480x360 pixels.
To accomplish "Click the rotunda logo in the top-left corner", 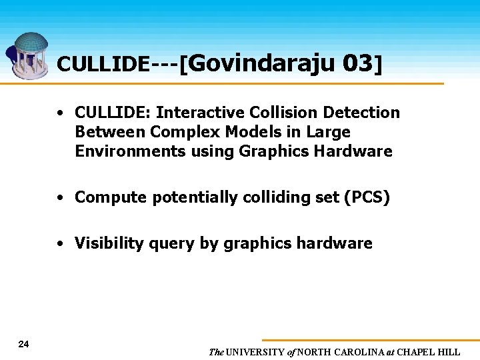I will coord(29,55).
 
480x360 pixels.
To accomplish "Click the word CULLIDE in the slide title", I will coord(103,64).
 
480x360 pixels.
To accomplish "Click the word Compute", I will coord(111,197).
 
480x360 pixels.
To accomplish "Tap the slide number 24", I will coord(24,344).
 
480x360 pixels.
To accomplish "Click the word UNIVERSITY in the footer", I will coord(255,352).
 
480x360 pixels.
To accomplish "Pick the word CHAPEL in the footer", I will coord(417,352).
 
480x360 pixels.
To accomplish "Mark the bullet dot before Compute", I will coord(61,198).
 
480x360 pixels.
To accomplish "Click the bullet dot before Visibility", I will coord(61,244).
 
